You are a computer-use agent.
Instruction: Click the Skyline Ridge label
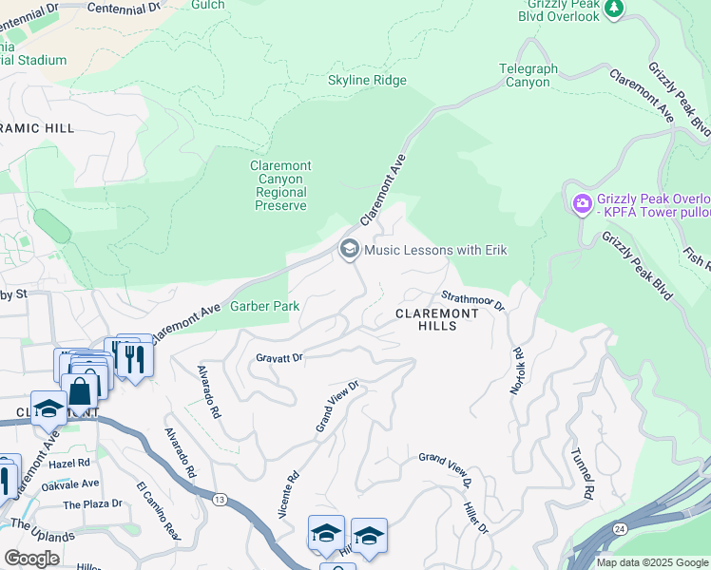pyautogui.click(x=367, y=81)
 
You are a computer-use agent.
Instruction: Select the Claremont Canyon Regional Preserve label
pyautogui.click(x=279, y=185)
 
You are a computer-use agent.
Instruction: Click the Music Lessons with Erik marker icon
pyautogui.click(x=349, y=250)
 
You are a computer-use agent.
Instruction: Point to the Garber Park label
pyautogui.click(x=265, y=306)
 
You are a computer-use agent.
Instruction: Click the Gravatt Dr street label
pyautogui.click(x=279, y=358)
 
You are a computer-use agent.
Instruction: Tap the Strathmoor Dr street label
pyautogui.click(x=473, y=300)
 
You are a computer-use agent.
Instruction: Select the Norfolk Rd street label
pyautogui.click(x=517, y=370)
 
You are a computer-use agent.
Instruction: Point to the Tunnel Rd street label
pyautogui.click(x=582, y=474)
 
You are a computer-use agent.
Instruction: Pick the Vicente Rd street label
pyautogui.click(x=289, y=493)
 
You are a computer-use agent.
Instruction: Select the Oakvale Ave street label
pyautogui.click(x=70, y=484)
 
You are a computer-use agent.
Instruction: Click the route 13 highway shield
pyautogui.click(x=221, y=499)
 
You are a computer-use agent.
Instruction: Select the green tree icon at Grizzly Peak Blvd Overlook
pyautogui.click(x=615, y=8)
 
